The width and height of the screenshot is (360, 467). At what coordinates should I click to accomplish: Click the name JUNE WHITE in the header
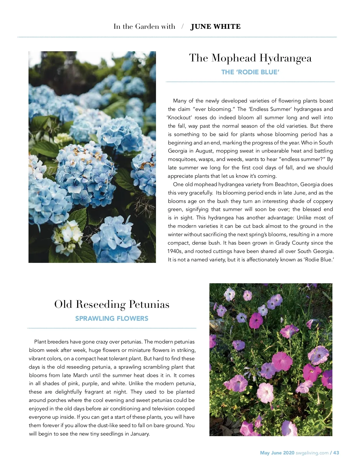point(215,27)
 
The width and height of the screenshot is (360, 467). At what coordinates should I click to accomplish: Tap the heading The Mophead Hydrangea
point(250,58)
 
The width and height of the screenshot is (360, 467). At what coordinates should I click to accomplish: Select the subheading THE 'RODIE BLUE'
point(250,72)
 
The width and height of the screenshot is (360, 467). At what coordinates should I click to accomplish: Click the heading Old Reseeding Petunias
point(112,305)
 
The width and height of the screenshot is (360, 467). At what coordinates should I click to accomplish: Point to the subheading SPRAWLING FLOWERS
point(112,319)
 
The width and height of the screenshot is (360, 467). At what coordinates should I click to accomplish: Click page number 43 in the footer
point(336,453)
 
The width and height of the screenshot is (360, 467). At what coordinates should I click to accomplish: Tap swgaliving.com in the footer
point(312,453)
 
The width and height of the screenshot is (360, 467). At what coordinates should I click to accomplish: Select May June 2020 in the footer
point(277,453)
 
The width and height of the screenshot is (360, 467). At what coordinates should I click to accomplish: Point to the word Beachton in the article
point(286,185)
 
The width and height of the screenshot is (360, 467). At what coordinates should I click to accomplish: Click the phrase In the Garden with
point(144,27)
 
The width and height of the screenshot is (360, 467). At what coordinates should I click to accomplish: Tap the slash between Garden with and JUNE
point(182,27)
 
